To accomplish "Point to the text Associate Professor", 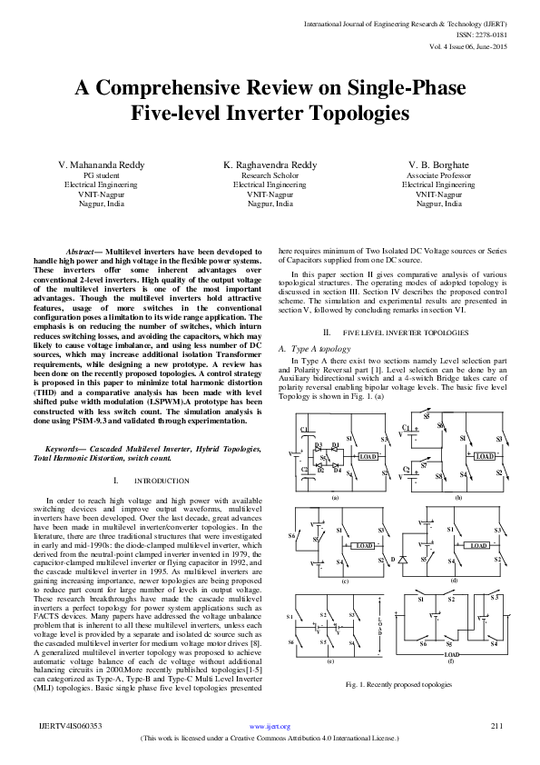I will tap(438, 174).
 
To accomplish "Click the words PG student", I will tap(100, 174).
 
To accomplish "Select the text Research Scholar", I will tap(270, 174).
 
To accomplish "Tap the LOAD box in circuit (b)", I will tap(485, 455).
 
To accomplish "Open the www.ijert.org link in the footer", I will tap(269, 727).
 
